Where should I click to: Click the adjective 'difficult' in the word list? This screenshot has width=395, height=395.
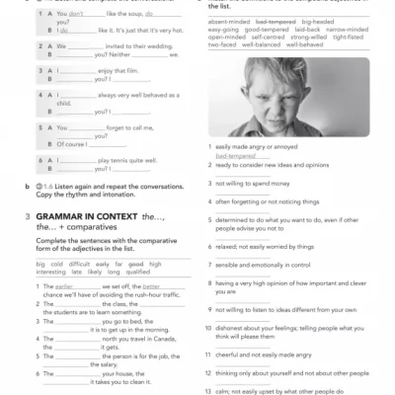[x=82, y=265]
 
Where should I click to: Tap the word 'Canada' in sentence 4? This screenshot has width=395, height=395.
[x=172, y=339]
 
